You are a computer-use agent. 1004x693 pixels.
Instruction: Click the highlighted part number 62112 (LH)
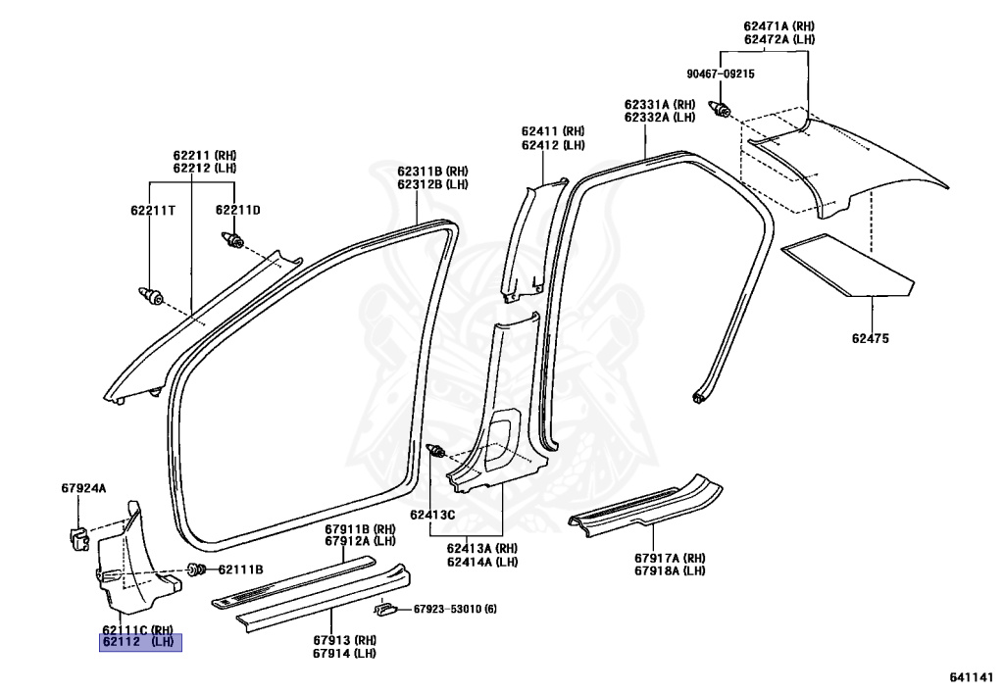[140, 642]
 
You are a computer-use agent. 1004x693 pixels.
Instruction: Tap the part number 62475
[871, 338]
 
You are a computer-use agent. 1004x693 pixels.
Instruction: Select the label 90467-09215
[721, 74]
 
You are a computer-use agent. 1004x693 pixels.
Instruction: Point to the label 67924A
[84, 488]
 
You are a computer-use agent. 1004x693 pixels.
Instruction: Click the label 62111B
[241, 569]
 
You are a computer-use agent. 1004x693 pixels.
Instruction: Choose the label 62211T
[153, 210]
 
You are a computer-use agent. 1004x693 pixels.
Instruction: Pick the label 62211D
[238, 210]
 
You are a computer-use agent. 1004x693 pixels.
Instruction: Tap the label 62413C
[432, 515]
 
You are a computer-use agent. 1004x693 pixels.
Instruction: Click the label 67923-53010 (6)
[455, 609]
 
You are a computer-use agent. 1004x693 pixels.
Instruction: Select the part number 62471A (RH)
[779, 26]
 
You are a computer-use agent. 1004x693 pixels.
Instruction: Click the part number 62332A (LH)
[660, 118]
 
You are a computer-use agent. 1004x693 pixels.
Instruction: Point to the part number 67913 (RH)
[344, 640]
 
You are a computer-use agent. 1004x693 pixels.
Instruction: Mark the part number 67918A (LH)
[670, 570]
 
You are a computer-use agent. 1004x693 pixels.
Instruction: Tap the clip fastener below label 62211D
[233, 240]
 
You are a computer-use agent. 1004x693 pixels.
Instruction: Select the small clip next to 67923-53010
[384, 609]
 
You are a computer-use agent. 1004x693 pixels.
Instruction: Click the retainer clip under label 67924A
[78, 538]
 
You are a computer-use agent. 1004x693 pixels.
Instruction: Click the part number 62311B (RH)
[432, 172]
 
